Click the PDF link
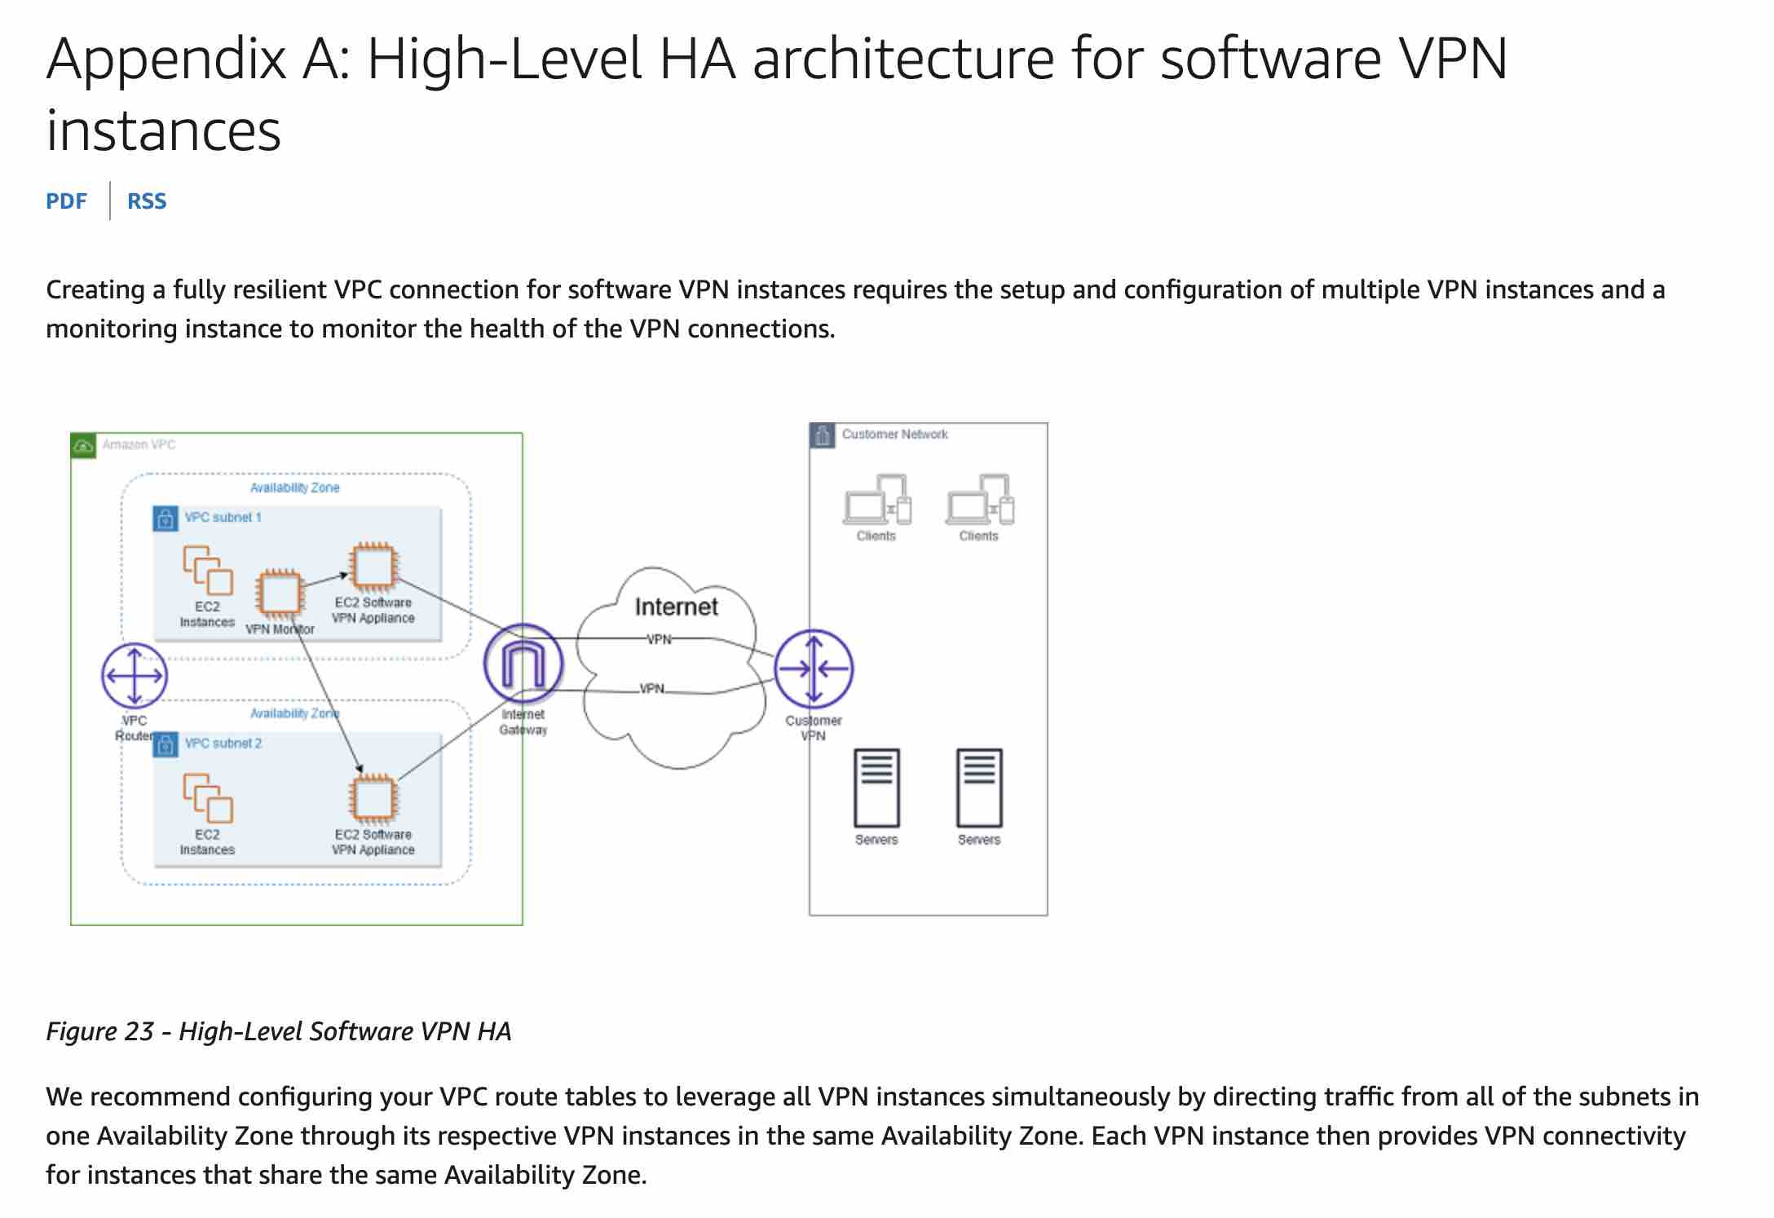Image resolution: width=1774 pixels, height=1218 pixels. pyautogui.click(x=66, y=201)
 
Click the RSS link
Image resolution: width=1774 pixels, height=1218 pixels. pyautogui.click(x=147, y=201)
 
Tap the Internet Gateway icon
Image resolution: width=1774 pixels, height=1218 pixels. pyautogui.click(x=523, y=664)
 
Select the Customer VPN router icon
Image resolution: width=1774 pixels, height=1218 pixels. pyautogui.click(x=814, y=669)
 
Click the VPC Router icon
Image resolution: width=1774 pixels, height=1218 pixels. pyautogui.click(x=135, y=676)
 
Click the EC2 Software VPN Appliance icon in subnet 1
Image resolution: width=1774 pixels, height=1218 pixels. pyautogui.click(x=373, y=566)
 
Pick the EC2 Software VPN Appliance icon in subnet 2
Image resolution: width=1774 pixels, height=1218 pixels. pyautogui.click(x=373, y=797)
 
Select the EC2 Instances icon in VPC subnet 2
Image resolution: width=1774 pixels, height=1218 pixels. pyautogui.click(x=208, y=798)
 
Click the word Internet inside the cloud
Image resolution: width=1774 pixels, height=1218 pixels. pyautogui.click(x=676, y=607)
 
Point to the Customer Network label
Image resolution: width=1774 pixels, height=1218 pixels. pyautogui.click(x=894, y=435)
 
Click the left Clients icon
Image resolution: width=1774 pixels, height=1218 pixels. pyautogui.click(x=876, y=499)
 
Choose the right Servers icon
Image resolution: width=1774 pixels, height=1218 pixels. pyautogui.click(x=979, y=788)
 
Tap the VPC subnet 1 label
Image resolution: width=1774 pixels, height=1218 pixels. pyautogui.click(x=223, y=518)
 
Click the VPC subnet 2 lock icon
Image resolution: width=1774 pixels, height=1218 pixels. pyautogui.click(x=165, y=744)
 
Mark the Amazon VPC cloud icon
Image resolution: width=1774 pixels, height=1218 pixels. pyautogui.click(x=83, y=446)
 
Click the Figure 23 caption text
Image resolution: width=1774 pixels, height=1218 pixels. pyautogui.click(x=279, y=1031)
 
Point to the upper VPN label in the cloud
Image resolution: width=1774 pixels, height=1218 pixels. pyautogui.click(x=659, y=640)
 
